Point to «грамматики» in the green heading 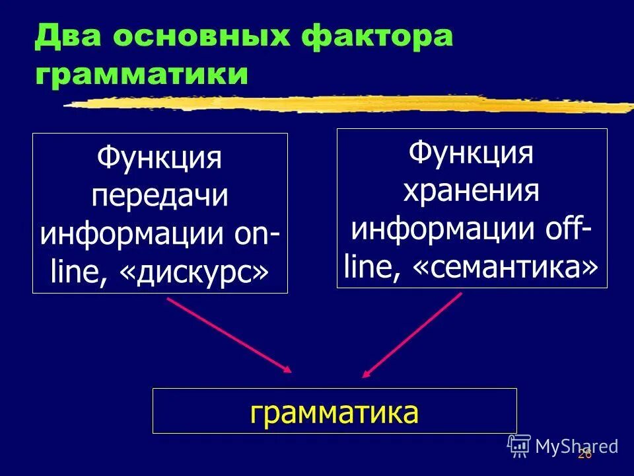click(x=142, y=75)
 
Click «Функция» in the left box click(x=159, y=159)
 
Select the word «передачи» click(x=159, y=197)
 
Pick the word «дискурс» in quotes click(x=195, y=272)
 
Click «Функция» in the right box click(x=471, y=154)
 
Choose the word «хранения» click(x=471, y=192)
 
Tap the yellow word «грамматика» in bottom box click(x=334, y=412)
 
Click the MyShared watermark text click(x=576, y=446)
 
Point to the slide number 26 click(x=584, y=454)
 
